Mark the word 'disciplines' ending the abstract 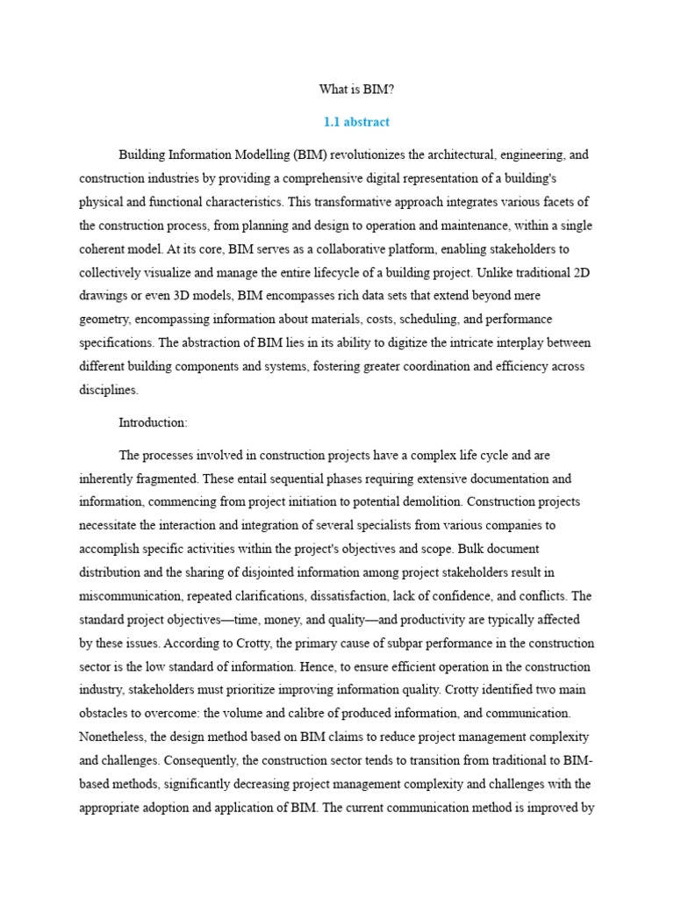click(108, 391)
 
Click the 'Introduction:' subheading click(154, 423)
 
